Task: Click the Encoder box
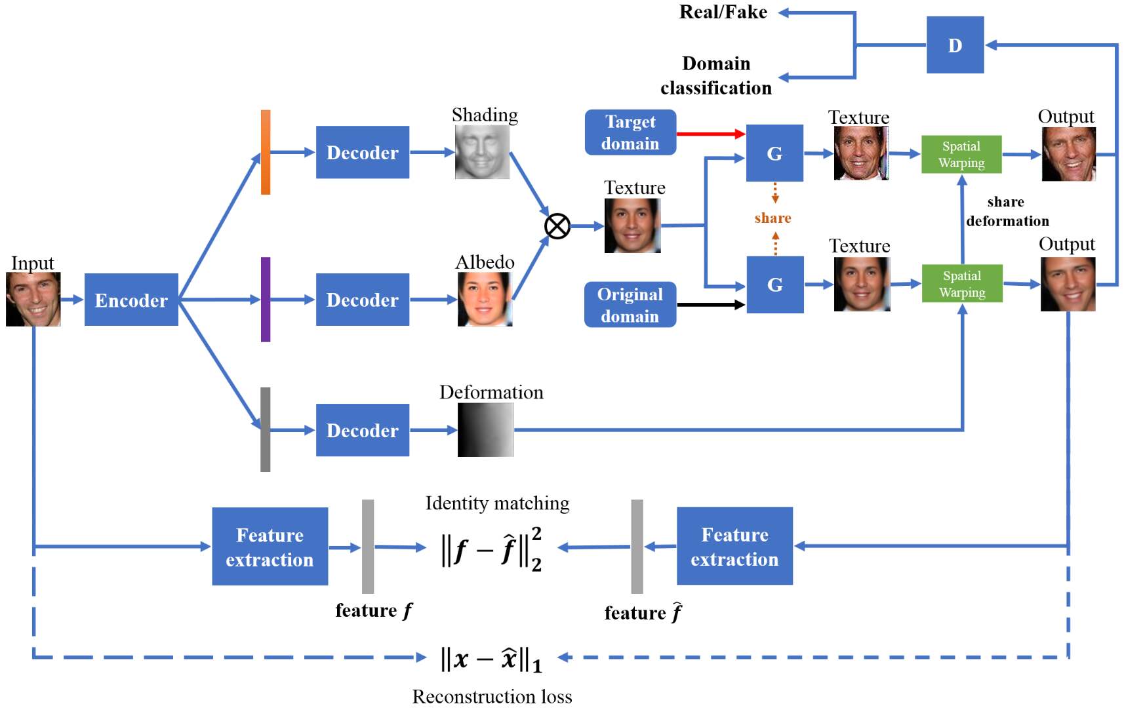point(131,300)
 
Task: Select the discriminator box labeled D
point(955,45)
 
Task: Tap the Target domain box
point(630,132)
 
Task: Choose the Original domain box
point(630,305)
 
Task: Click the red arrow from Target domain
point(710,134)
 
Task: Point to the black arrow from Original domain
point(710,305)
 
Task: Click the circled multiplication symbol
point(557,226)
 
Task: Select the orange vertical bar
point(266,152)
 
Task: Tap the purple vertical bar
point(266,300)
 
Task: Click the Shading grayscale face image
point(482,152)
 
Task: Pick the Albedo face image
point(485,299)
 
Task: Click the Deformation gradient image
point(486,430)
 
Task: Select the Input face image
point(33,299)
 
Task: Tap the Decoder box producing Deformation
point(362,430)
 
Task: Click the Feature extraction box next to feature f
point(270,547)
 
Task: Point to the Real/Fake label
point(723,12)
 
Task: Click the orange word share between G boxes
point(773,218)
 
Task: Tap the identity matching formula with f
point(491,549)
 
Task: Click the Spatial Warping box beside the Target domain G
point(961,155)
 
